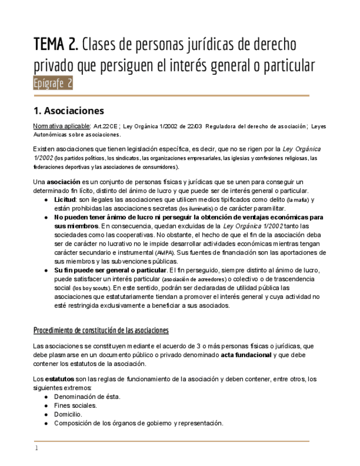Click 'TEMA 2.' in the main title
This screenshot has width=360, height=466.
click(x=55, y=43)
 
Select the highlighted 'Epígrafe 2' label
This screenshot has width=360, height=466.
click(x=53, y=84)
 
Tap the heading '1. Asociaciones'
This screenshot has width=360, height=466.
click(x=68, y=110)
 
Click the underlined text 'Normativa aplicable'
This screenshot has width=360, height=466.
click(x=62, y=126)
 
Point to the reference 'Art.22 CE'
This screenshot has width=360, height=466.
click(x=106, y=126)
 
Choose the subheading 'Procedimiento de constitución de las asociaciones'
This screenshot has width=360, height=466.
click(x=101, y=330)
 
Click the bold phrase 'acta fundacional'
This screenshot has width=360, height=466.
click(x=246, y=355)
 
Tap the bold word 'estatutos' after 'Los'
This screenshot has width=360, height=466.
click(x=60, y=379)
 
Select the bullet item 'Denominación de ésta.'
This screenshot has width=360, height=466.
click(x=87, y=397)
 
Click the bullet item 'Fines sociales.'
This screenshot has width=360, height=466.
click(x=75, y=406)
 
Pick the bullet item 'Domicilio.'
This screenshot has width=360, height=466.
click(x=68, y=414)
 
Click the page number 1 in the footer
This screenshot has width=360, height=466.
click(x=36, y=448)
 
